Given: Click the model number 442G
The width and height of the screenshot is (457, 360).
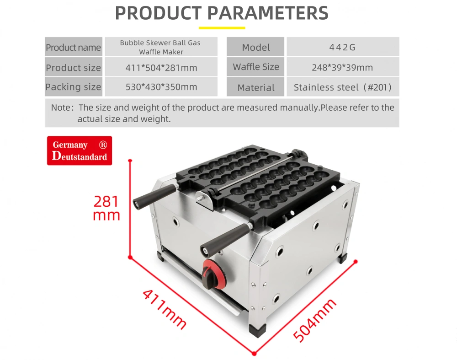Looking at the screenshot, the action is (x=342, y=47).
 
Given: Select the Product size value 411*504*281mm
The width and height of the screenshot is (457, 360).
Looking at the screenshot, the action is (x=161, y=68).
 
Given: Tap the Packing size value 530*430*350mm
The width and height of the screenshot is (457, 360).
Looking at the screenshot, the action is (x=161, y=87).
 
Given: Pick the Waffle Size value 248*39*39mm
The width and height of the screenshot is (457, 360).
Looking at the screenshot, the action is (x=342, y=68).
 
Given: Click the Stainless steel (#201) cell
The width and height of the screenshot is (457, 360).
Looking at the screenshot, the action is (x=343, y=87).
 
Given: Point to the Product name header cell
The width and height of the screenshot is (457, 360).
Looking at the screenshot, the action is (x=74, y=47).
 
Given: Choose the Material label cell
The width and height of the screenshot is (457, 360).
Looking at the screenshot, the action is (x=255, y=87).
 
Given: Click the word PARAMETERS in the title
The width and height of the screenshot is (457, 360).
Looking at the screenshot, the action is (x=268, y=13).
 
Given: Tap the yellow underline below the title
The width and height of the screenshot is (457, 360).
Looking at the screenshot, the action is (x=222, y=28).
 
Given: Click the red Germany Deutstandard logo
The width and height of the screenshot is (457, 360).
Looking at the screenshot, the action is (x=80, y=150).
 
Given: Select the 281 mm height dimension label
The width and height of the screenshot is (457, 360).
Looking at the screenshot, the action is (x=106, y=208).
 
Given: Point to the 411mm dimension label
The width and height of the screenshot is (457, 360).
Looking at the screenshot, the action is (x=165, y=310).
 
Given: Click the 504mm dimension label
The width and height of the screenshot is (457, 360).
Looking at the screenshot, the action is (x=314, y=320).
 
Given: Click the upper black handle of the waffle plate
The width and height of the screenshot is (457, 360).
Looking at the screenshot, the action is (x=154, y=196).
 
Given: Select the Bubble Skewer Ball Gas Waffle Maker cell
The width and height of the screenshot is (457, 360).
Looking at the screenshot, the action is (x=161, y=47).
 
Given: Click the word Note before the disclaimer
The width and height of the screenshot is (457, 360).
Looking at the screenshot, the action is (x=61, y=107).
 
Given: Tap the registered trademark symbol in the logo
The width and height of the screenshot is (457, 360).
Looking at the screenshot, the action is (x=103, y=145).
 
